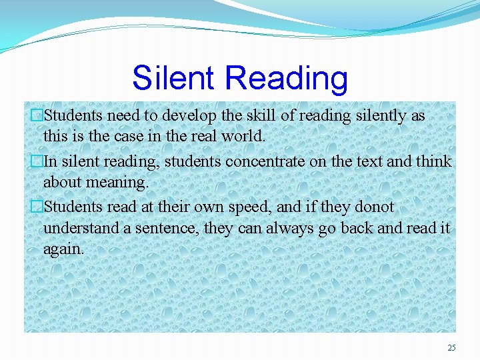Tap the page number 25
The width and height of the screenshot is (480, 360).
[x=451, y=347]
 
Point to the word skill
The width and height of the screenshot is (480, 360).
[x=257, y=115]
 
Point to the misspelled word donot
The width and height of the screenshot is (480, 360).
[x=373, y=207]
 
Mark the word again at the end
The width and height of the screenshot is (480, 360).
[x=63, y=249]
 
